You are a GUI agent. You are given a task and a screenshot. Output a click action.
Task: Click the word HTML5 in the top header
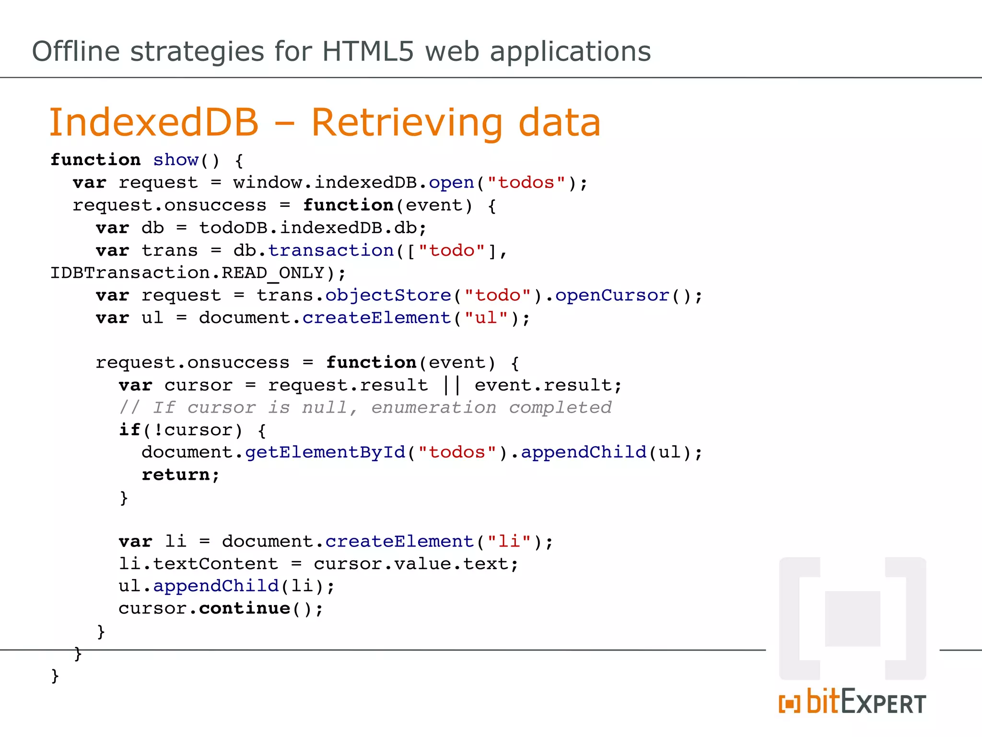(367, 51)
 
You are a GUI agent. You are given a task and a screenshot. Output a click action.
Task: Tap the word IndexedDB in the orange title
(154, 123)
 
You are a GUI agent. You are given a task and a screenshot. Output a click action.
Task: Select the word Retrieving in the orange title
(407, 123)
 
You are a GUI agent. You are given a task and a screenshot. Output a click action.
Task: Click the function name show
(175, 160)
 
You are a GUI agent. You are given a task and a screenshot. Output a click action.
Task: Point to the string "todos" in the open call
(526, 183)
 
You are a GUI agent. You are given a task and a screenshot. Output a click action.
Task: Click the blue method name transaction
(331, 250)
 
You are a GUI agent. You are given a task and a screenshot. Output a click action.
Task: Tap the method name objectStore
(388, 296)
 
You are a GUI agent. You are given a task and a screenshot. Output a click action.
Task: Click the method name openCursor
(612, 296)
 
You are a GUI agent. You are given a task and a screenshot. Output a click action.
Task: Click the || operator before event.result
(451, 385)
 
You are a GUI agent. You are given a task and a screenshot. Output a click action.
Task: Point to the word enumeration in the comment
(433, 408)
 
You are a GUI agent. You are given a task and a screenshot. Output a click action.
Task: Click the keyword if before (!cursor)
(129, 430)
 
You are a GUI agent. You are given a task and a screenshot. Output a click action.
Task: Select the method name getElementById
(325, 452)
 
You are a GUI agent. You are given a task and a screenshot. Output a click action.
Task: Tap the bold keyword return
(175, 475)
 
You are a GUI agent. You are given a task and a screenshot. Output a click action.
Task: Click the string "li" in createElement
(509, 542)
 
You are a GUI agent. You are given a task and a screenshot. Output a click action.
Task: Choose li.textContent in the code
(198, 564)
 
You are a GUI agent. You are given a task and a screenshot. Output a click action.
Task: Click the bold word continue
(245, 609)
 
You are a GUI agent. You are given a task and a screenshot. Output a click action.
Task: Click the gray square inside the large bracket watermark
(853, 618)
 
